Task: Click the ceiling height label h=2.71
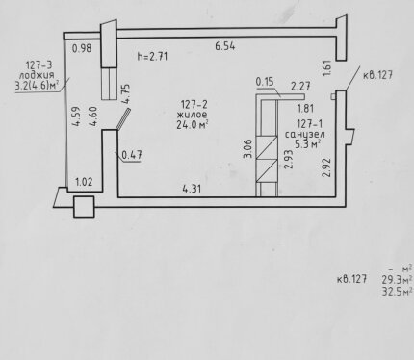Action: coord(152,57)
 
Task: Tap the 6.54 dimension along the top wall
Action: coord(225,46)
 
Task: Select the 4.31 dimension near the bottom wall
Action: coord(192,189)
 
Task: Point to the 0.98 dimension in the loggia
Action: coord(82,48)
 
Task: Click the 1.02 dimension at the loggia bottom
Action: coord(84,182)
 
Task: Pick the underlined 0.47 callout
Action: coord(132,155)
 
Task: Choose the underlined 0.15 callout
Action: coord(265,82)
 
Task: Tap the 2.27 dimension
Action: coord(300,86)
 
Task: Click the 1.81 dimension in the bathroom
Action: coord(305,108)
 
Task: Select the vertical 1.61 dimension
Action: coord(327,68)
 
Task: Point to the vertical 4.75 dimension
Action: coord(125,93)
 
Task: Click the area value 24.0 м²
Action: coord(193,125)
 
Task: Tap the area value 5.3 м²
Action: coord(307,144)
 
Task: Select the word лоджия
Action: coord(37,76)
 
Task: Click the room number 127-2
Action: coord(194,104)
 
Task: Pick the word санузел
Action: coord(305,134)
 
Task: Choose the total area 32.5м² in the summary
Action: coord(397,292)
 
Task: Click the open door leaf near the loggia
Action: coord(123,118)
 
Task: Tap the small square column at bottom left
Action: coord(84,207)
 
